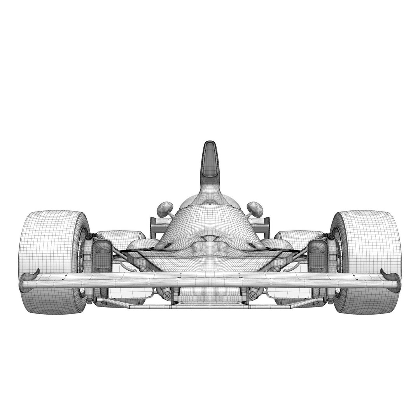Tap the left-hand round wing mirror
pos(165,209)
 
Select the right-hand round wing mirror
pos(255,209)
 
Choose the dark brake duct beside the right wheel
pos(317,255)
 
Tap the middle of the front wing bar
pos(210,279)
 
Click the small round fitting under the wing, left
pos(167,296)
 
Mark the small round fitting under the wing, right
pos(253,296)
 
